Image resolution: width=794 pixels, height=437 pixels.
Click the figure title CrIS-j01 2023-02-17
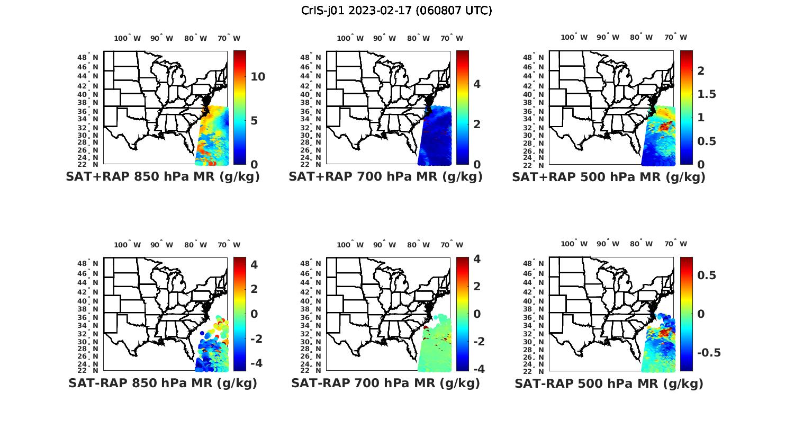point(396,11)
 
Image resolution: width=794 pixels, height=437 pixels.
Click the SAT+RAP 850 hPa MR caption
point(163,177)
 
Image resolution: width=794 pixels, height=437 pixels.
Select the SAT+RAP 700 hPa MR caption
point(385,177)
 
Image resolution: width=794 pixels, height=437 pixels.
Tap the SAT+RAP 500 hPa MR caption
point(609,177)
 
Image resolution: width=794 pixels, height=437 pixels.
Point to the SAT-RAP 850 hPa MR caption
point(163,383)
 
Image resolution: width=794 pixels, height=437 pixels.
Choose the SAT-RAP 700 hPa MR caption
point(385,383)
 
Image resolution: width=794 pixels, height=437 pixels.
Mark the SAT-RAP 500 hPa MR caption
point(609,384)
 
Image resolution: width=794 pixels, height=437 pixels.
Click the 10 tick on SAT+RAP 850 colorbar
point(258,77)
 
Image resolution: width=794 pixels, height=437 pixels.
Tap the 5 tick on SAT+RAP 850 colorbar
point(254,121)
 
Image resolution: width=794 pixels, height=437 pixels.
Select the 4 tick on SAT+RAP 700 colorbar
point(477,84)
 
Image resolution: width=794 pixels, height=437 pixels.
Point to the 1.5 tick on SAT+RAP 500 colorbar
point(707,94)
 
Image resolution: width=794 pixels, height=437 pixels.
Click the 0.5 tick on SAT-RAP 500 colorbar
point(707,275)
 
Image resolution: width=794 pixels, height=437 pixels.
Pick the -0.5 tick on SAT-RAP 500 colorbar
point(709,353)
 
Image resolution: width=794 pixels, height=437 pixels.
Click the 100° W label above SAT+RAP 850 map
point(127,38)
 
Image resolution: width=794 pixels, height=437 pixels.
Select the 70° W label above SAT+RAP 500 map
point(675,37)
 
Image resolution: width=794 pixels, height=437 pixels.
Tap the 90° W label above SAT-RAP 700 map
point(384,245)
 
